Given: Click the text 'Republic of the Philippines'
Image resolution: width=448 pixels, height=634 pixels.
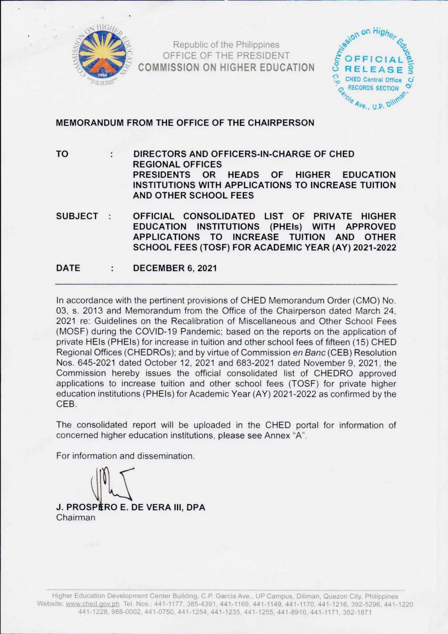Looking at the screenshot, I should point(226,45).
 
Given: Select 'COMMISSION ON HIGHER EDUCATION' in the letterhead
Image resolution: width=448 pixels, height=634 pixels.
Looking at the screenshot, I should point(226,68).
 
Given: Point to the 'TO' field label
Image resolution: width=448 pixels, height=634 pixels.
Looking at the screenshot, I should point(62,154).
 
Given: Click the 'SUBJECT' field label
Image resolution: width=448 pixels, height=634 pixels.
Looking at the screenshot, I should point(77,216).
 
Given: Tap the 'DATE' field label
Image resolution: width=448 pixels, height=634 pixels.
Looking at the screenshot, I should point(68,268).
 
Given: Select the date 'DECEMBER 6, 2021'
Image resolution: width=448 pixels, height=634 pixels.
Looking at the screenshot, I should point(175,268).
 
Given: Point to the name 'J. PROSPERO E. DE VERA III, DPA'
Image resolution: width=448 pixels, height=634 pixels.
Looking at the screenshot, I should point(131,507).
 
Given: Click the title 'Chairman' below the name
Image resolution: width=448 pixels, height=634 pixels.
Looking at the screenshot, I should point(76,518).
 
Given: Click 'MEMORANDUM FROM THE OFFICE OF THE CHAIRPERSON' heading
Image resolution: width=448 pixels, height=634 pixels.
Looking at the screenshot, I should point(185,123).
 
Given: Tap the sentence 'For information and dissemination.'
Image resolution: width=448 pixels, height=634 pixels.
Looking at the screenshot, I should point(125,456).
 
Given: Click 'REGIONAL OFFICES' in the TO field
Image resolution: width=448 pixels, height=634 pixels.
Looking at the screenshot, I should point(177,164).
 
